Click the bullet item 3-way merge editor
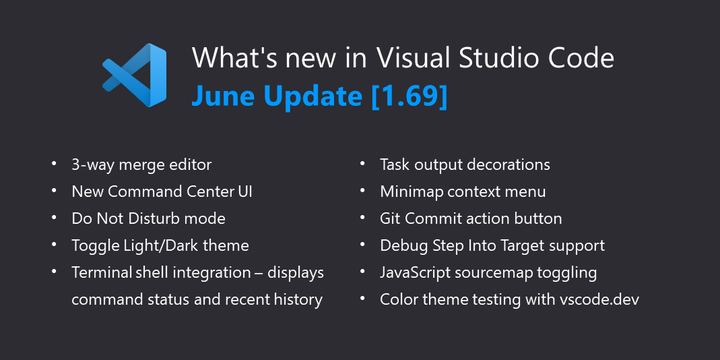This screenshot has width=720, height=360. coord(141,164)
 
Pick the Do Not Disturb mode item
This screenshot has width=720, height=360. coord(148,218)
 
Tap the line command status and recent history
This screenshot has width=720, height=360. coord(196,299)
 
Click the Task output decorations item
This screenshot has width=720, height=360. coord(465,164)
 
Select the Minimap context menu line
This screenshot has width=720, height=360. coord(462,191)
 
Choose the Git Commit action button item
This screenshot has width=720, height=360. coord(470,218)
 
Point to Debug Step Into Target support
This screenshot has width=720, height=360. coord(492,245)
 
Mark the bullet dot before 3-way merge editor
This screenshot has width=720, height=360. coord(52,164)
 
